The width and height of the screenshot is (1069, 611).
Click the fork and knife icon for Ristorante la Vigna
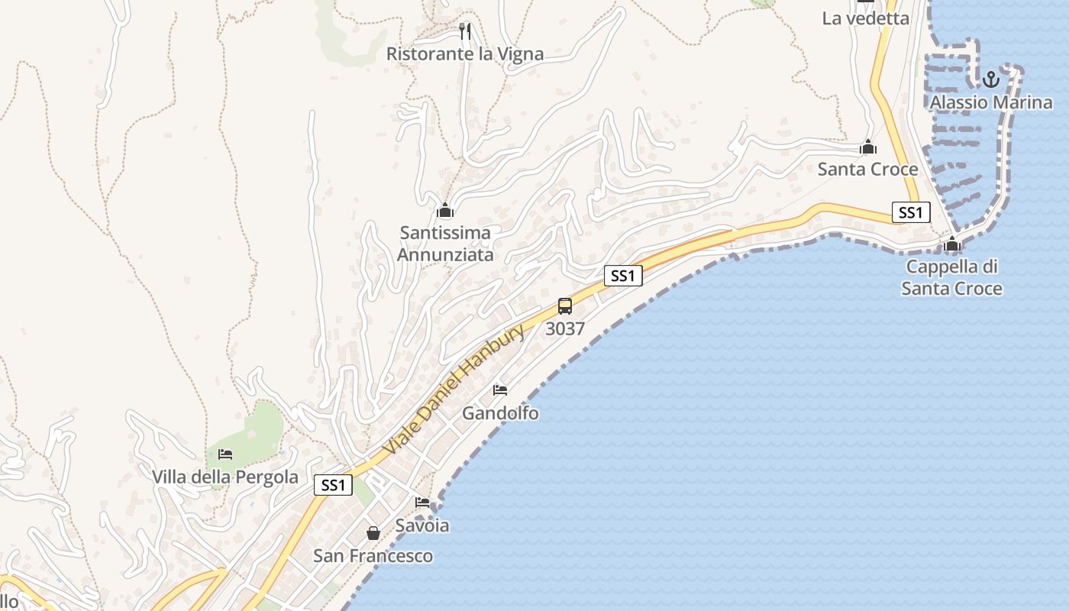click(465, 31)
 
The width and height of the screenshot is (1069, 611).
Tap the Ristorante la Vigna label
click(465, 54)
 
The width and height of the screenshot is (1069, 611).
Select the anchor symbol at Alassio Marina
click(990, 79)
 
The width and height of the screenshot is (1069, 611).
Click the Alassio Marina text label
click(990, 102)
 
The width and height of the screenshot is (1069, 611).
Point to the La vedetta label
click(865, 18)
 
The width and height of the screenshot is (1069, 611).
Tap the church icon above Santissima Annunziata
click(445, 209)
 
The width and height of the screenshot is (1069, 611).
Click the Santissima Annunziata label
click(445, 243)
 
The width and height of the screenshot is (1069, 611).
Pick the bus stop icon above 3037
click(565, 306)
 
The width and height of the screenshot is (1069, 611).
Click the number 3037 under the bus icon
click(565, 329)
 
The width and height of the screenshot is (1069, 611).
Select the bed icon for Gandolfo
click(500, 390)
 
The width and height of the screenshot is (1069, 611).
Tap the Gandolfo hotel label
click(500, 413)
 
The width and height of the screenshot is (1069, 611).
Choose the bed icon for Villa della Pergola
click(225, 454)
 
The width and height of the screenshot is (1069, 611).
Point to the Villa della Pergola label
click(225, 477)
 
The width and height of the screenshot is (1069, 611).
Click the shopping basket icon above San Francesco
click(373, 532)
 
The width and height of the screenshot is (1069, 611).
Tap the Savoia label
click(422, 525)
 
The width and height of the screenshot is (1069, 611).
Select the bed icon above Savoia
click(422, 503)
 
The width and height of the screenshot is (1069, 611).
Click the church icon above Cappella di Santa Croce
click(952, 244)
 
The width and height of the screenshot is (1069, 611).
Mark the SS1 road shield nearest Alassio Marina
click(910, 212)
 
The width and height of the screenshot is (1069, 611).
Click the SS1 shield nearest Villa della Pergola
click(333, 485)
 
